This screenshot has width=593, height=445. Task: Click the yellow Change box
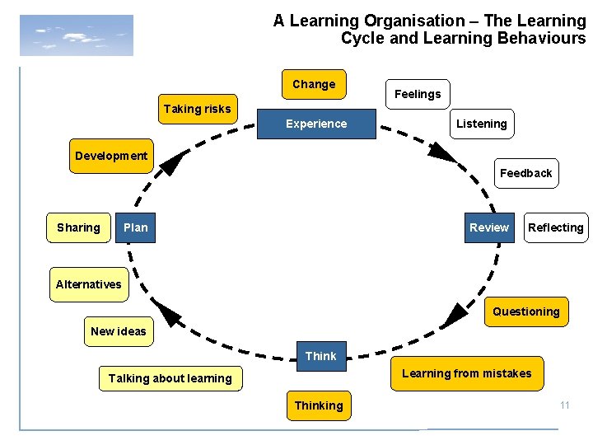[314, 84]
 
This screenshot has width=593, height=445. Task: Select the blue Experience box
[316, 124]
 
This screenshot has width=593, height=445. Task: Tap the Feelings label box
[418, 94]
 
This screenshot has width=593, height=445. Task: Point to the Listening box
[482, 124]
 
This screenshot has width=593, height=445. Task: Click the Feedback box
[525, 173]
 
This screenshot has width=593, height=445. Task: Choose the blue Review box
[489, 227]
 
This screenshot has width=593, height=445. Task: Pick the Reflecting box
[555, 227]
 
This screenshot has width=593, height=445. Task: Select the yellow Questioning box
[525, 311]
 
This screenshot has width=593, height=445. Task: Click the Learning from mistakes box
[466, 373]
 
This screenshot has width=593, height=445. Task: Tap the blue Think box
[320, 356]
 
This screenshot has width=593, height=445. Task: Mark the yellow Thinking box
[319, 405]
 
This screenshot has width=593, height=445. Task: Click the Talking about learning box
[170, 378]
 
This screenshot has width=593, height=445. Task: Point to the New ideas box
[119, 331]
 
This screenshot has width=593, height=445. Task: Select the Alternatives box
[89, 284]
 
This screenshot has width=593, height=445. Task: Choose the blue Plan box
[135, 227]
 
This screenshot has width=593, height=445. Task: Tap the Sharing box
[78, 227]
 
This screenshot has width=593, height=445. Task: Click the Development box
[111, 156]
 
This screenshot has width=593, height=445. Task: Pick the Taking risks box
[198, 109]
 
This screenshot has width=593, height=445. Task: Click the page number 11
[564, 405]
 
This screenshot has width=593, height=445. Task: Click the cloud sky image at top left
[77, 35]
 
